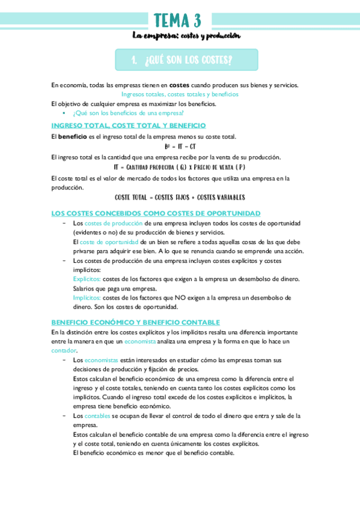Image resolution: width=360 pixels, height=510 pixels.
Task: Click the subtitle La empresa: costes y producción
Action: coord(186,36)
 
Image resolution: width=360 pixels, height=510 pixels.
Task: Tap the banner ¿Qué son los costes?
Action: coord(186,60)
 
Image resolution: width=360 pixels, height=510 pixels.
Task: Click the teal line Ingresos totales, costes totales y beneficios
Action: coord(180,94)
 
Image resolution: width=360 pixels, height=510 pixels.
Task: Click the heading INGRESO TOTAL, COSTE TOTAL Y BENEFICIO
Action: coord(129,126)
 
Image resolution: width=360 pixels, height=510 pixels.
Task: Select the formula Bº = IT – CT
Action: coord(180,146)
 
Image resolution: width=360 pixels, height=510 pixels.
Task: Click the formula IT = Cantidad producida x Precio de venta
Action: coord(180,167)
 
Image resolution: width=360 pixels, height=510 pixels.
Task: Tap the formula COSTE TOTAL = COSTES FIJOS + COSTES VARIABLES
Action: coord(180,197)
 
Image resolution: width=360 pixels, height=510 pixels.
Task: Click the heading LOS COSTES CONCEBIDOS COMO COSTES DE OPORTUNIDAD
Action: coord(156,214)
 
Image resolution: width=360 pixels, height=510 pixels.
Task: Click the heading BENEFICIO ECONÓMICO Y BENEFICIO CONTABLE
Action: coord(135,322)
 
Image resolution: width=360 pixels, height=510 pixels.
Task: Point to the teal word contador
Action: coord(64,350)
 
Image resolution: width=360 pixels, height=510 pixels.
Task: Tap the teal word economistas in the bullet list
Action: coord(102,360)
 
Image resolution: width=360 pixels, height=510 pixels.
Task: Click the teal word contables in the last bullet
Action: coord(97,416)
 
